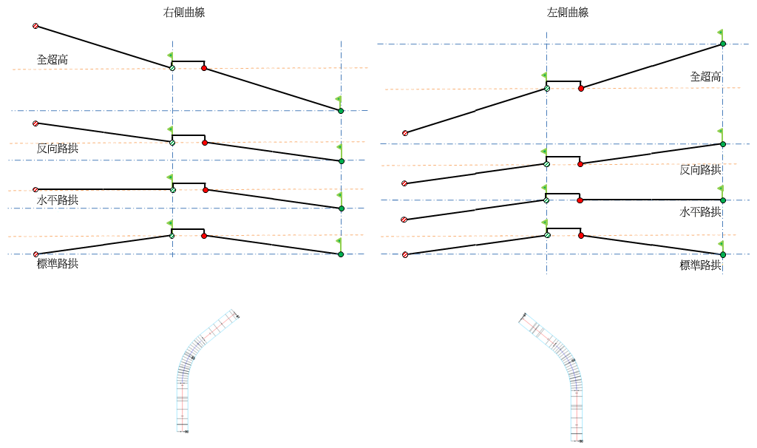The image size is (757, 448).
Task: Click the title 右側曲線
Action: pos(184,13)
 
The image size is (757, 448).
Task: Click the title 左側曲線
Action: pos(568,13)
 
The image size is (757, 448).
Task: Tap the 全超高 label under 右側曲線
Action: pos(52,59)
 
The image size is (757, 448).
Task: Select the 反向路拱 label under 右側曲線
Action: pos(58,148)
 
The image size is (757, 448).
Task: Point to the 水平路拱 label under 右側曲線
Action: pos(58,200)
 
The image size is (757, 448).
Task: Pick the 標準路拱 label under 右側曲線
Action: pos(58,263)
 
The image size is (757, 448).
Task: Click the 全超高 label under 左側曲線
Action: pos(705,76)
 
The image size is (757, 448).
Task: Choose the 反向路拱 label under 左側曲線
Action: pos(700,169)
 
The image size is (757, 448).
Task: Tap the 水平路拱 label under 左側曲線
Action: pos(700,211)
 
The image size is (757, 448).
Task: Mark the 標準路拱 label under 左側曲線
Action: pos(700,265)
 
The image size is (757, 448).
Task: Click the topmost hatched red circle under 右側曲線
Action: pos(35,26)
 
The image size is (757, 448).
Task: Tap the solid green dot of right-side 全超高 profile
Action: pos(341,111)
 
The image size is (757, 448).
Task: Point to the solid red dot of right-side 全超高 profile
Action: pos(204,69)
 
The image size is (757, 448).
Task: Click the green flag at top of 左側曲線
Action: pos(720,33)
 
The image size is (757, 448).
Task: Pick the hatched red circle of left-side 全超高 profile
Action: pos(405,133)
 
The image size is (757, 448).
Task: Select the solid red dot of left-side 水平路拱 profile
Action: pos(580,200)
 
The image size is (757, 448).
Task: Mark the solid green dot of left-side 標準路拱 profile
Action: pos(723,255)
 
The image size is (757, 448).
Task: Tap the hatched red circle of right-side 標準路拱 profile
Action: pos(35,254)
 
